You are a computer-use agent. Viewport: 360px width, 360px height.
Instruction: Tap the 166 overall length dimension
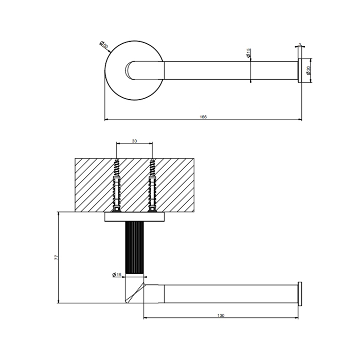203,117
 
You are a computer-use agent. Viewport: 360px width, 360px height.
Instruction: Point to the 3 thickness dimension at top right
299,45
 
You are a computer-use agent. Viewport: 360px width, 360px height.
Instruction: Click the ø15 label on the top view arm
249,52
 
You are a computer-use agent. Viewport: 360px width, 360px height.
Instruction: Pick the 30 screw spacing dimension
134,141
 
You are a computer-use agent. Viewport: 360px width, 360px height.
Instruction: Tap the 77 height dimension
57,257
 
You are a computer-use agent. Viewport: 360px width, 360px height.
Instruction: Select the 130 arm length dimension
221,315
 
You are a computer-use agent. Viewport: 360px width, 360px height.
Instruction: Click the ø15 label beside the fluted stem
117,275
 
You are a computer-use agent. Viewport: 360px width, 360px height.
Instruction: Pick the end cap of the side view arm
299,293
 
